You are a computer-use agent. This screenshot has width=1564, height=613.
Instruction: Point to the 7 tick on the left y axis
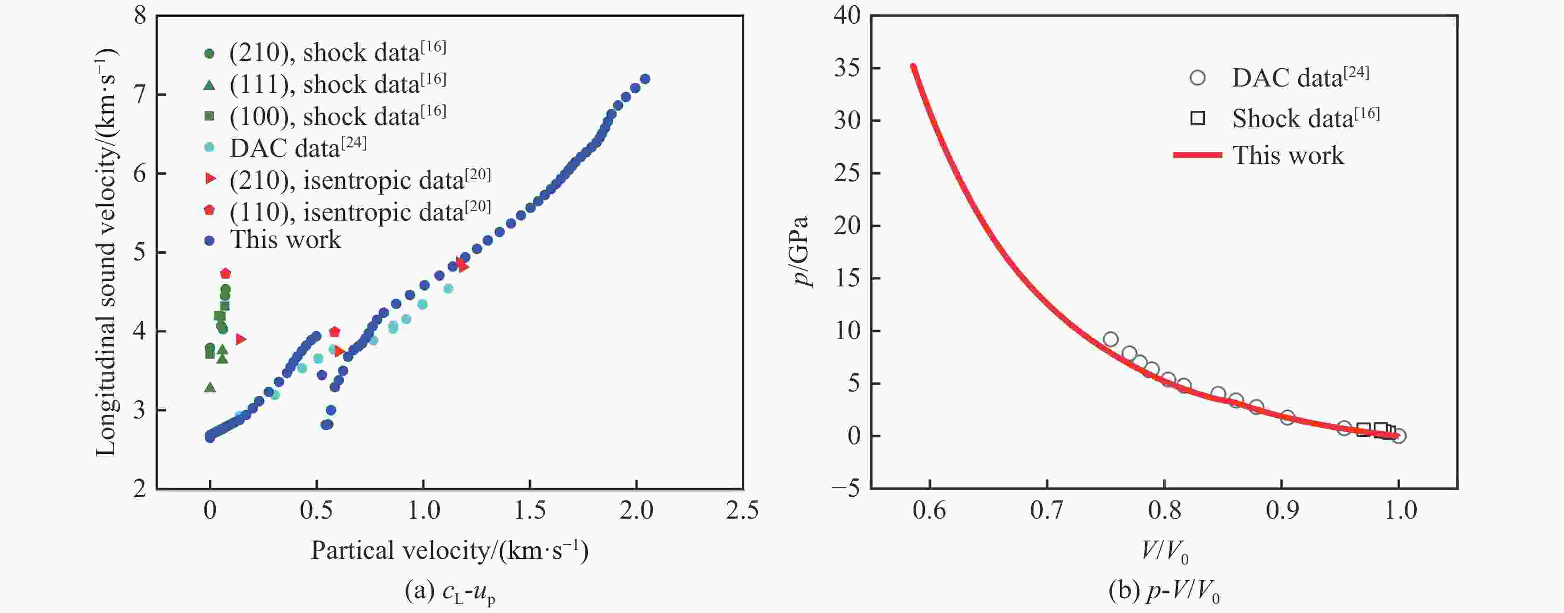tap(140, 95)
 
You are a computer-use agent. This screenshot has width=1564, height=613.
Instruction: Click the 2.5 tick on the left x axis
tap(742, 510)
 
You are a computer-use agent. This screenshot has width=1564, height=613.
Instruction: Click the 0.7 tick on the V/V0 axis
tap(1047, 510)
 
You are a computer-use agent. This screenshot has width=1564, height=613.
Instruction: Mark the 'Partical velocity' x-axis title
tap(449, 550)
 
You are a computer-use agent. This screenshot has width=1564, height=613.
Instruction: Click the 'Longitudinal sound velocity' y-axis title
tap(106, 252)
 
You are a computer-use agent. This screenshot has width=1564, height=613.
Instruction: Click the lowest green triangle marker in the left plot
tap(210, 387)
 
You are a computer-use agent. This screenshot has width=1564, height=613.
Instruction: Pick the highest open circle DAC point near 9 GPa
tap(1111, 339)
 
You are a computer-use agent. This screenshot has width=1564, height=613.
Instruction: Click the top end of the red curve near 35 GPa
tap(912, 66)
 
